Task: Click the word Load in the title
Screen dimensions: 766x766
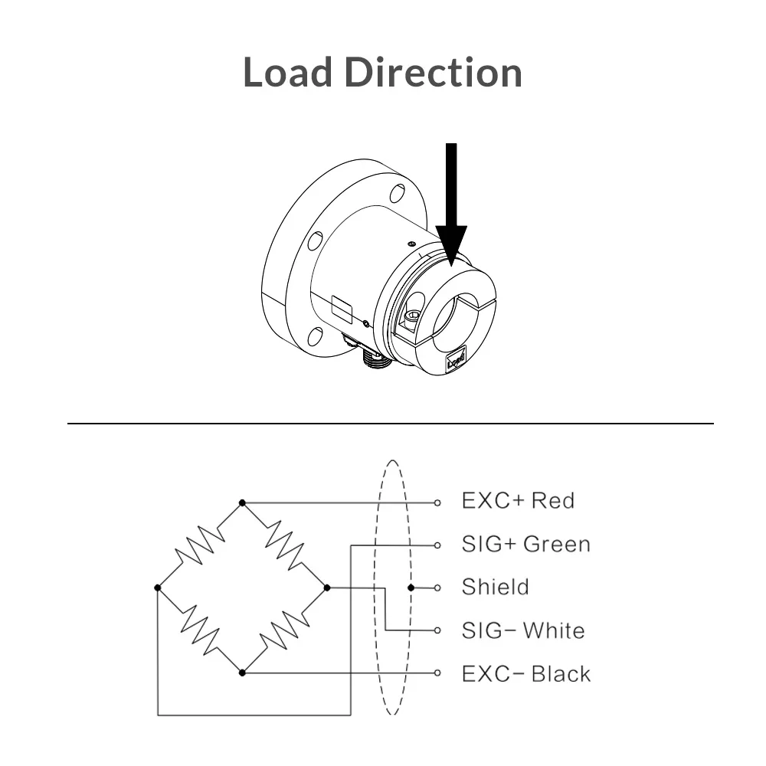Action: coord(288,72)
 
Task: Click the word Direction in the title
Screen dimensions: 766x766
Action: coord(434,72)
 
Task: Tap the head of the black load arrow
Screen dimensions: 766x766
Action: coord(451,245)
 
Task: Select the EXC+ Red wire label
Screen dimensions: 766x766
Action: coord(518,501)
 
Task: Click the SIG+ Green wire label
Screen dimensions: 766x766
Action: coord(526,544)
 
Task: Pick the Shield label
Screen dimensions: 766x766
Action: coord(496,588)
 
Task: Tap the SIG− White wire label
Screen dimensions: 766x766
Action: coord(523,630)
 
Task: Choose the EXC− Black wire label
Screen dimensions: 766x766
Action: coord(526,674)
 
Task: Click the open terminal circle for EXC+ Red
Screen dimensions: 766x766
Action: coord(437,502)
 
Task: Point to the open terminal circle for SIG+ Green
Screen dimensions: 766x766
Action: coord(437,545)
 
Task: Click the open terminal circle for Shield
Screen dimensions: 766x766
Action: coord(437,588)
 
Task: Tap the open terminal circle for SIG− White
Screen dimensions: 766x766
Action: coord(437,630)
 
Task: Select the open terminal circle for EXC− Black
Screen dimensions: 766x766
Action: coord(437,673)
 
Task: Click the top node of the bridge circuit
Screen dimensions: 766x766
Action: coord(242,502)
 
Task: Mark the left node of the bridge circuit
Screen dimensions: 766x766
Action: coord(157,588)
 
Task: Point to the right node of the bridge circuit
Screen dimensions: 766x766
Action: coord(327,588)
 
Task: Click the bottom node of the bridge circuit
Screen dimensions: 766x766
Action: coord(242,673)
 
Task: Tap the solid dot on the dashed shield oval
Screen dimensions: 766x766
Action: coord(411,588)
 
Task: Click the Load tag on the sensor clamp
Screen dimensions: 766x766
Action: coord(457,359)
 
